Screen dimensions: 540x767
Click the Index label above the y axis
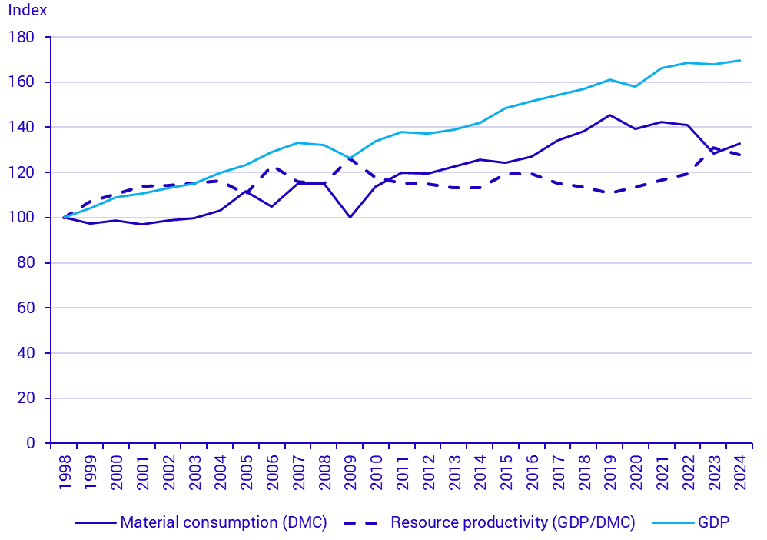pyautogui.click(x=28, y=11)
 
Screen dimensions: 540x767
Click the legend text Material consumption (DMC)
pyautogui.click(x=224, y=523)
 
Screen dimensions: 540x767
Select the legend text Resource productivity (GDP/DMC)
pyautogui.click(x=513, y=523)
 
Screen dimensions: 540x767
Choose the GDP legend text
pyautogui.click(x=713, y=523)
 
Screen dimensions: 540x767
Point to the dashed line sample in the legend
pyautogui.click(x=364, y=523)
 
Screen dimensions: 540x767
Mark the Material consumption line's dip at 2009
pyautogui.click(x=350, y=217)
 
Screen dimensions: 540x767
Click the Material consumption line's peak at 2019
pyautogui.click(x=610, y=115)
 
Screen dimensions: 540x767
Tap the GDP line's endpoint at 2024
pyautogui.click(x=740, y=60)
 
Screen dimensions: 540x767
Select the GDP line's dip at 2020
pyautogui.click(x=636, y=86)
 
